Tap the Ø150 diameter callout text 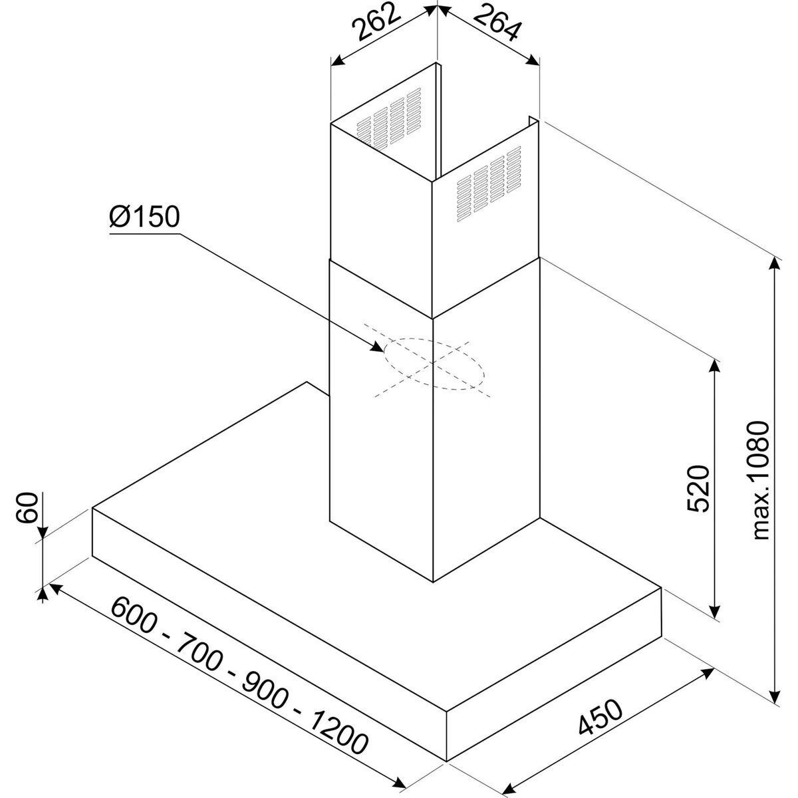point(144,217)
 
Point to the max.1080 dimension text point(760,480)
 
